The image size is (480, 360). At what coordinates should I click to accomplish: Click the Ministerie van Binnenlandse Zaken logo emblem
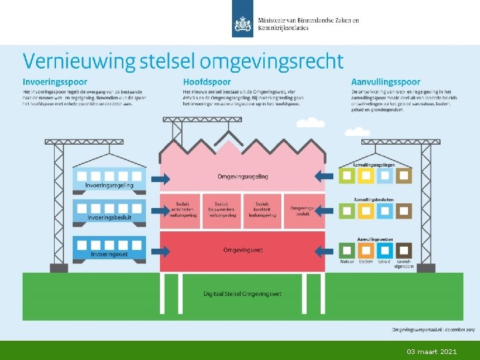pos(243,25)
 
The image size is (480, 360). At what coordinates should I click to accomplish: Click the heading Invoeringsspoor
pos(55,81)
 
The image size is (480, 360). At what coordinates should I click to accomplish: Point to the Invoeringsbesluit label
pos(110,218)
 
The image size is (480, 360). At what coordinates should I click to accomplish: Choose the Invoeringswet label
pos(110,254)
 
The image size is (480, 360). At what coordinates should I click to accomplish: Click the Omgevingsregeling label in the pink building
pos(243,177)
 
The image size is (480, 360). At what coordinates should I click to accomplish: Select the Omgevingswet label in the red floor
pos(243,250)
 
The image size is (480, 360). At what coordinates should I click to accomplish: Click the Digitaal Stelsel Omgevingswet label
pos(243,293)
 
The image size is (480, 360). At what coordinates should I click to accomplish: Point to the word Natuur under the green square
pos(347,262)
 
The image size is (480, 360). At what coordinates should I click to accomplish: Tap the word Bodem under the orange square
pos(366,262)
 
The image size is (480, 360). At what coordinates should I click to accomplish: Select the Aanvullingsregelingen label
pos(374,165)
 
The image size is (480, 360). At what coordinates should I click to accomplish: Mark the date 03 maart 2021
pos(432,351)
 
